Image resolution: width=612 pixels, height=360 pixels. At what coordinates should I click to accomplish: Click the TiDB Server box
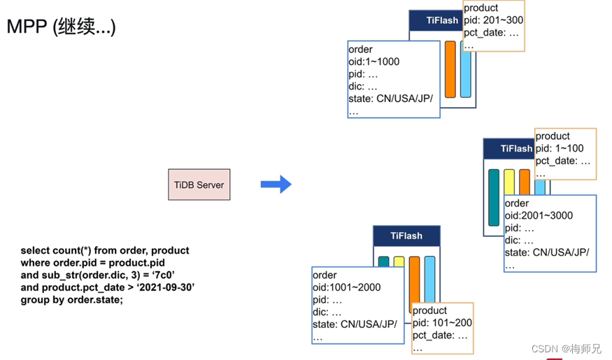199,185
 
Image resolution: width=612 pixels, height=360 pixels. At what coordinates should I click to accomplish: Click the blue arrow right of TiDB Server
276,184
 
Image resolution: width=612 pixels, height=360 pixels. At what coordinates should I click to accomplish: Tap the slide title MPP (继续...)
61,27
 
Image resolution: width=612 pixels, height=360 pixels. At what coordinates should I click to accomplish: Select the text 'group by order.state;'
71,300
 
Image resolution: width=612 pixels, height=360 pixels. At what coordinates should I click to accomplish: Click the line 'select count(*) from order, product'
105,250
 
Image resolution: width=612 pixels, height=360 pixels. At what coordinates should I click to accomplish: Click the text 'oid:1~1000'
373,62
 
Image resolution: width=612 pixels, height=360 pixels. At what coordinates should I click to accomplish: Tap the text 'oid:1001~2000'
346,287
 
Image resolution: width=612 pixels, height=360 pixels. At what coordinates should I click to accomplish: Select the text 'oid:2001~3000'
539,216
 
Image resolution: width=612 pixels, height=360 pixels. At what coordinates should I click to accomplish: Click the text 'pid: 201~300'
493,20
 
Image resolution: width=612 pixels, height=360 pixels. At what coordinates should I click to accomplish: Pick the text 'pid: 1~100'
560,148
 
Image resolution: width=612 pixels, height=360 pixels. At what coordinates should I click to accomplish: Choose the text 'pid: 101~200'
442,323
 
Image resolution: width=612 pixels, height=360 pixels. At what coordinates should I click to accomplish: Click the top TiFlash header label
441,20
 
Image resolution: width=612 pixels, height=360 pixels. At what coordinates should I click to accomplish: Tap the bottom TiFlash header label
406,236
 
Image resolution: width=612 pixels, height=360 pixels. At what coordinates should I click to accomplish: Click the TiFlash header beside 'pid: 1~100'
515,148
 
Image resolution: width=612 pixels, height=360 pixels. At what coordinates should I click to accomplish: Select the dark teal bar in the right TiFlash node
494,197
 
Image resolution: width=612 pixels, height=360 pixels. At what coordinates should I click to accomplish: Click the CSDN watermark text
566,348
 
